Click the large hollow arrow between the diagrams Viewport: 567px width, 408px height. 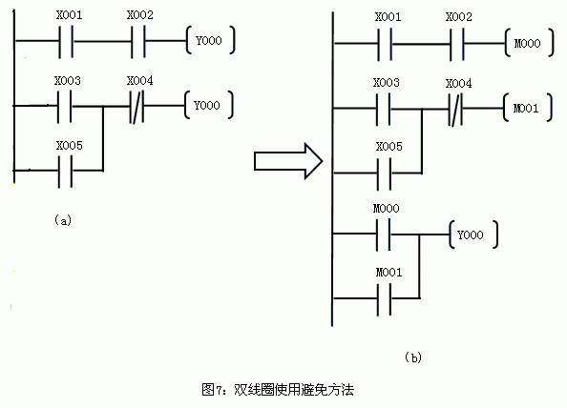click(288, 161)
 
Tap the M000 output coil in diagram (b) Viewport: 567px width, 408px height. click(529, 43)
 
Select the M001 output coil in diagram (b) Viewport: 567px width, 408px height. click(527, 108)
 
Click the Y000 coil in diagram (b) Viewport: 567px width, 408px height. click(472, 235)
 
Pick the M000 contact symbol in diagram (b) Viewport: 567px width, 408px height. click(384, 235)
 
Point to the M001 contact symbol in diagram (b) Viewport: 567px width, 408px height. click(384, 299)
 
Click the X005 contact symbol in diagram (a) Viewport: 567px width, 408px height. click(65, 171)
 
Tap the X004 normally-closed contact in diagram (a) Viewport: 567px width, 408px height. click(136, 106)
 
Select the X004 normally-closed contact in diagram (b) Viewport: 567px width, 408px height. click(455, 109)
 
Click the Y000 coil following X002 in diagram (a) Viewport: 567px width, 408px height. click(210, 40)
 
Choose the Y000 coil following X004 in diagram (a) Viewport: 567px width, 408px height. click(209, 105)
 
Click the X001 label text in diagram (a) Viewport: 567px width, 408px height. click(69, 15)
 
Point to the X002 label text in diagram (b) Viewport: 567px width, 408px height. click(458, 17)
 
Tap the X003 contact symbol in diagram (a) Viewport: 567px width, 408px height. click(64, 106)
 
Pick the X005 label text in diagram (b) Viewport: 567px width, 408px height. click(389, 147)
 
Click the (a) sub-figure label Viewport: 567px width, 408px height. click(63, 220)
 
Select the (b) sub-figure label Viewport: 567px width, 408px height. click(413, 357)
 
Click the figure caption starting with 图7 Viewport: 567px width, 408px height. click(278, 390)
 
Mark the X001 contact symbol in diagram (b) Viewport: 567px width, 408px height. click(385, 44)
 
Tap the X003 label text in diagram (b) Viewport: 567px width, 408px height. click(387, 83)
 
